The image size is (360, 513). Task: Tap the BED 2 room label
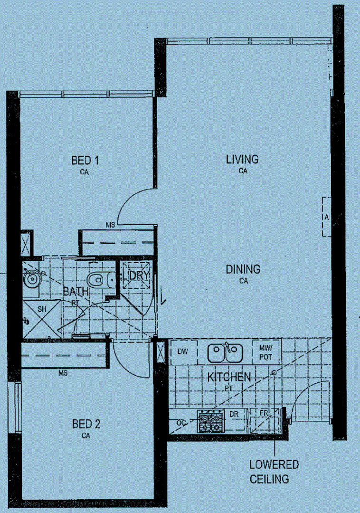tap(86, 423)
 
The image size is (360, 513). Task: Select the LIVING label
tap(242, 159)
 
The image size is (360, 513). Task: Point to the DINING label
tap(243, 269)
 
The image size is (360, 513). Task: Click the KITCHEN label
tap(229, 377)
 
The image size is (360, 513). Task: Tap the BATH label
tap(76, 291)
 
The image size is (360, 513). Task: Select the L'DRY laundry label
tap(136, 275)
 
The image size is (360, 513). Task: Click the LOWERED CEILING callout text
tap(275, 471)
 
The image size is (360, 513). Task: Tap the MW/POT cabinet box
tap(266, 352)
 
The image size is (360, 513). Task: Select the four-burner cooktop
tap(211, 421)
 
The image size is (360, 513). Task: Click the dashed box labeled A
tap(326, 217)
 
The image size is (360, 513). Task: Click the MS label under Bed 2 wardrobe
tap(63, 373)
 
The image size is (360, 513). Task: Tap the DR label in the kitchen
tap(234, 414)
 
